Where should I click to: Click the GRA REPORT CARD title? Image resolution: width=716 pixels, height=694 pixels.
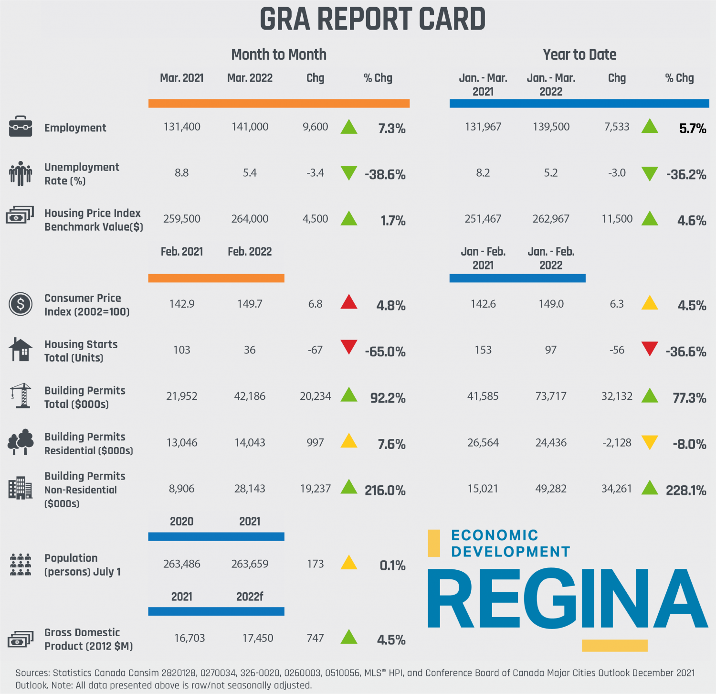372,20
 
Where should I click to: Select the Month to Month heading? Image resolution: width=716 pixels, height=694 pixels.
279,54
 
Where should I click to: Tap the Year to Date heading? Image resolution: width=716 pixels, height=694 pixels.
579,54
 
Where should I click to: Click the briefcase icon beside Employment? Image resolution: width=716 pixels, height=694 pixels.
21,127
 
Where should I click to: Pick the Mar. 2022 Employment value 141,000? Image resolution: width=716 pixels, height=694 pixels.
250,127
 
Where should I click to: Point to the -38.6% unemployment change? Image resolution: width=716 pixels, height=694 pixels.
385,175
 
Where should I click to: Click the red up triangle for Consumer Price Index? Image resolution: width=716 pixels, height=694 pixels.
349,302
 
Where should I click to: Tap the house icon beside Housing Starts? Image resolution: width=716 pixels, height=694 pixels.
21,350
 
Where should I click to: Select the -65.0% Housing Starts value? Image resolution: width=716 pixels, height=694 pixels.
385,352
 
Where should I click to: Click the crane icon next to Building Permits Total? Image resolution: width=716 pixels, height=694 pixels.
21,395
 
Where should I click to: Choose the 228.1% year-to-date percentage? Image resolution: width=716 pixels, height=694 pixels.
686,491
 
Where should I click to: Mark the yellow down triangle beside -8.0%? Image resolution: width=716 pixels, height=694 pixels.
650,442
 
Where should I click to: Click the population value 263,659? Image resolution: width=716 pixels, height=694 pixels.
250,564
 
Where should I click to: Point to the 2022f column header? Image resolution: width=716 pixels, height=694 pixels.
250,597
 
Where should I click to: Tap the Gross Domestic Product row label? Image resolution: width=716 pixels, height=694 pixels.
88,639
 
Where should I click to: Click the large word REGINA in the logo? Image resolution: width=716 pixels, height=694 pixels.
567,598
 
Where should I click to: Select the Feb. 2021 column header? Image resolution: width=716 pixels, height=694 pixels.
182,252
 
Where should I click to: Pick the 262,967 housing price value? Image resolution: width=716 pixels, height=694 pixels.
551,219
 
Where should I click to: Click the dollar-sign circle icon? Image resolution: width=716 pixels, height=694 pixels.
21,304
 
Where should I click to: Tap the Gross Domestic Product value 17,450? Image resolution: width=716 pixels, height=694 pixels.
258,638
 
